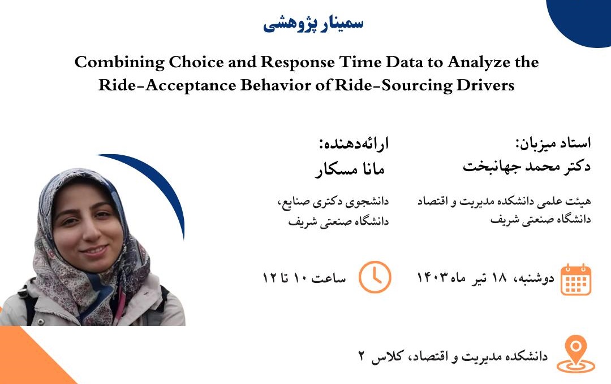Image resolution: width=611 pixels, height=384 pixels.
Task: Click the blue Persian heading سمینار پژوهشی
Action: pos(313,23)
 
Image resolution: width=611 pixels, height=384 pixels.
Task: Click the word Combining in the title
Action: pos(119,63)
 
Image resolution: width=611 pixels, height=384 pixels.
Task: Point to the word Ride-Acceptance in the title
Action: pos(167,86)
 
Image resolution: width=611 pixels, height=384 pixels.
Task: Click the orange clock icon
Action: pos(375,277)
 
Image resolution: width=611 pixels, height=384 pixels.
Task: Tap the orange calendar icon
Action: pos(576,280)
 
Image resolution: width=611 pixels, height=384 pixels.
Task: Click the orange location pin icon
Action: pos(576,354)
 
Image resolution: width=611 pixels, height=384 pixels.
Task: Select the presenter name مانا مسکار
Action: pos(350,169)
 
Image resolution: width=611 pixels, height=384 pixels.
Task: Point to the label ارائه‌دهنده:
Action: pos(354,144)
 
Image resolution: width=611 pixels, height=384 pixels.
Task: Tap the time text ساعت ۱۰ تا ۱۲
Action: pos(304,278)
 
